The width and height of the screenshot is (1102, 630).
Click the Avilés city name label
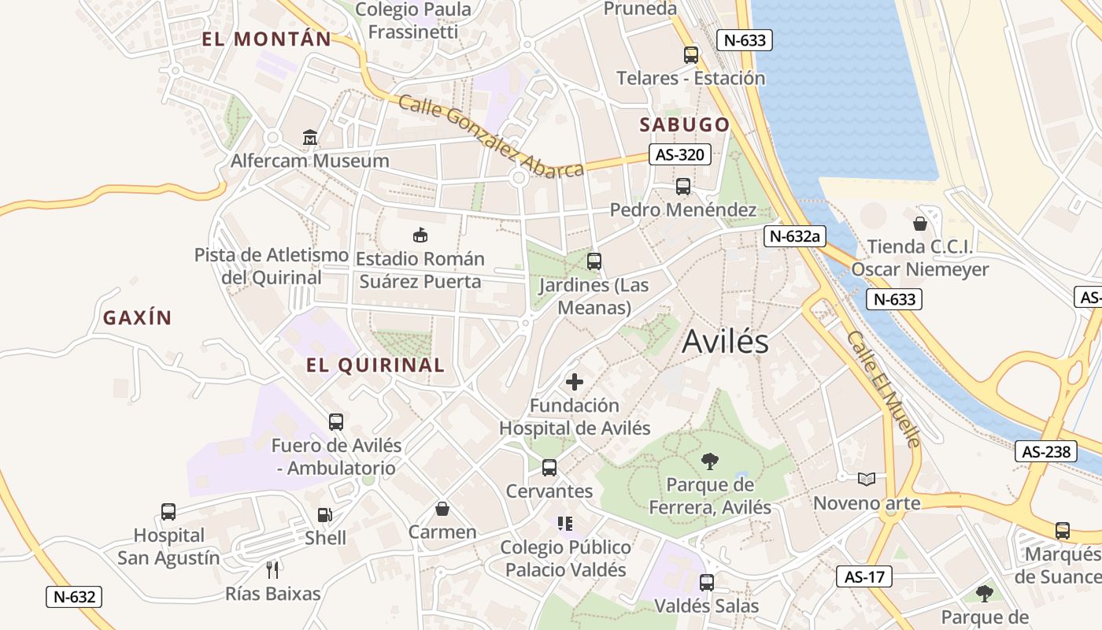(x=725, y=341)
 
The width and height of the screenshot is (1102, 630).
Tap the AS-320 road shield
(x=679, y=154)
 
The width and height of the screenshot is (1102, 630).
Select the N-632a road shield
(x=794, y=235)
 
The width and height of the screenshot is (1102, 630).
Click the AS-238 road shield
(x=1047, y=451)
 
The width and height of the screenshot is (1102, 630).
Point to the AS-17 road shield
(x=863, y=576)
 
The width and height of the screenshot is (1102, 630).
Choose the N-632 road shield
(x=74, y=596)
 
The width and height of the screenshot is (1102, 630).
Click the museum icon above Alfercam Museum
(x=310, y=138)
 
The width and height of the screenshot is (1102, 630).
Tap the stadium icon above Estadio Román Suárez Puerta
(x=420, y=235)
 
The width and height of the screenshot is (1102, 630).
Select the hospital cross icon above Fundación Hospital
(x=575, y=382)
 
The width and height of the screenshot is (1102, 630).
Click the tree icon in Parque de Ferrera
(x=710, y=461)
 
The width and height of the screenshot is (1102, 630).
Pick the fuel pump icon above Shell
(x=324, y=515)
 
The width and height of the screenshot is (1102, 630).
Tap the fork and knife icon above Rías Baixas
(x=272, y=569)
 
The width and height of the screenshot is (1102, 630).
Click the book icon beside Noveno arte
(x=866, y=479)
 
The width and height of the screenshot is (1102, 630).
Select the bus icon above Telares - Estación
(x=690, y=54)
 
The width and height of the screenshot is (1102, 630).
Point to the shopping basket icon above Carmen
(x=442, y=509)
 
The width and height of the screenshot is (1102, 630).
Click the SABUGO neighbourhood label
(x=684, y=124)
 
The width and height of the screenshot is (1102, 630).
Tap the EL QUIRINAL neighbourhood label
(x=375, y=365)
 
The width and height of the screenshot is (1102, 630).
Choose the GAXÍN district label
(x=137, y=317)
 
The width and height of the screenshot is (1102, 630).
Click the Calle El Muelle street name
(x=882, y=388)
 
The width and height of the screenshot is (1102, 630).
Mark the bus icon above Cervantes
(x=549, y=468)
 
